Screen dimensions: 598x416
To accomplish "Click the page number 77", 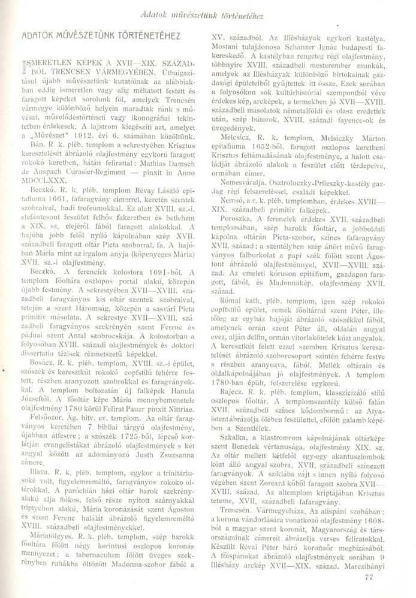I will coord(368,577).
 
